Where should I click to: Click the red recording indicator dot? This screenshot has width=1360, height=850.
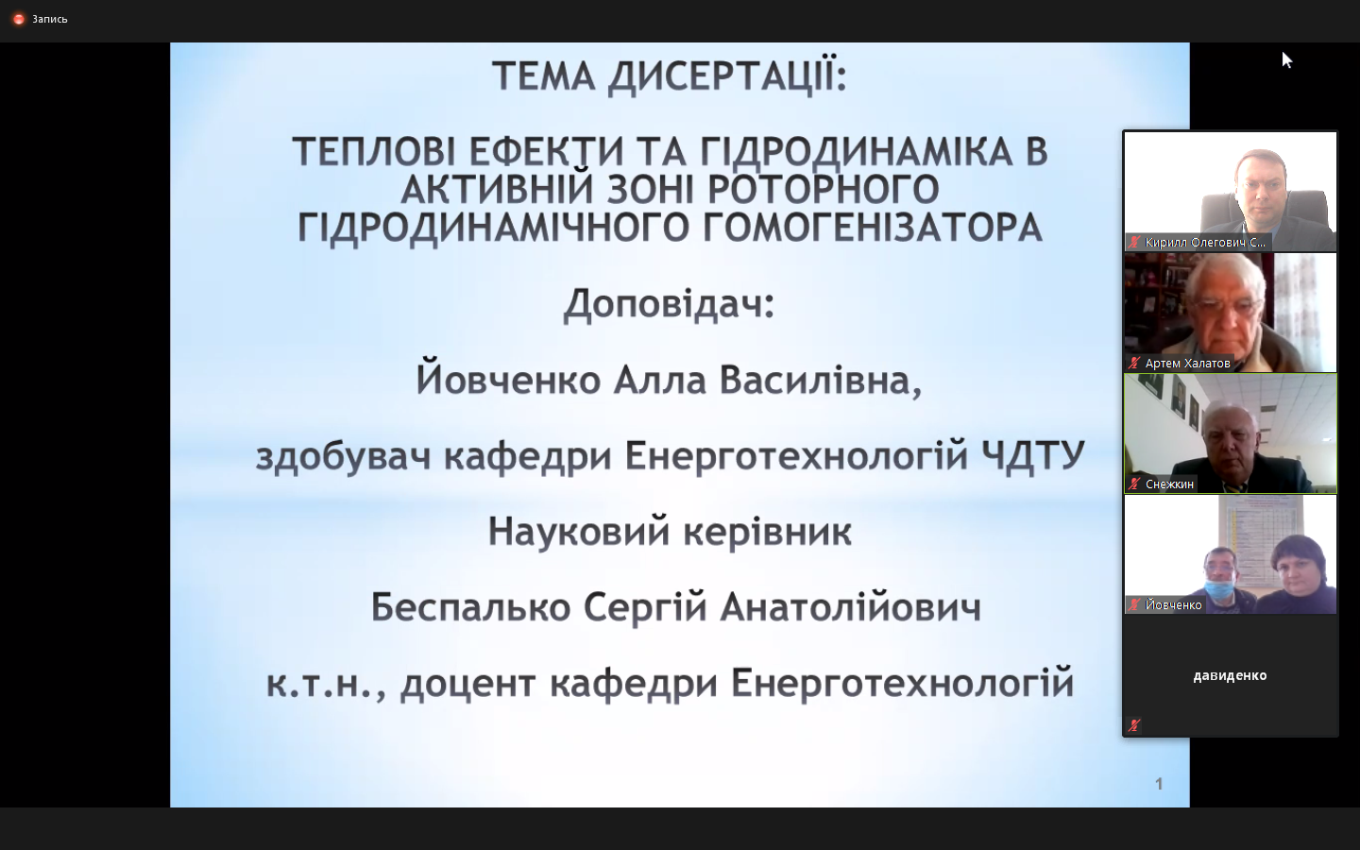(x=19, y=20)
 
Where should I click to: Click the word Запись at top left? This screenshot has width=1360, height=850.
(x=50, y=20)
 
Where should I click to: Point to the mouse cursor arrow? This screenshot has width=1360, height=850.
(x=1286, y=60)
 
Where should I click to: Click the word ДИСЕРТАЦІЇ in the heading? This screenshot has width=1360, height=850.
(x=727, y=77)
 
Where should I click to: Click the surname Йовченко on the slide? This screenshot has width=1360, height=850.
(x=508, y=380)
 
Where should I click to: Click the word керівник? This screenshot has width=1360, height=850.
(x=768, y=532)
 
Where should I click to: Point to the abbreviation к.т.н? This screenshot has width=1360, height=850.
(x=327, y=684)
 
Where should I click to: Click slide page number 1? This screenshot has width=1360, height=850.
(x=1159, y=785)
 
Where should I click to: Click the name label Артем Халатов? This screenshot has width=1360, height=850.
(x=1187, y=363)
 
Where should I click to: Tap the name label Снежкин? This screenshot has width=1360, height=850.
(x=1169, y=484)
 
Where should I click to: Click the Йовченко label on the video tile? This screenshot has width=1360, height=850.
(x=1173, y=604)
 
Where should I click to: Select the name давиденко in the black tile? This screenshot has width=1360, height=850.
(x=1230, y=675)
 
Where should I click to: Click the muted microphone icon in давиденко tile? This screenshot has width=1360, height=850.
(x=1134, y=725)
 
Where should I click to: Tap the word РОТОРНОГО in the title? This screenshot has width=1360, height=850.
(x=824, y=189)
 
